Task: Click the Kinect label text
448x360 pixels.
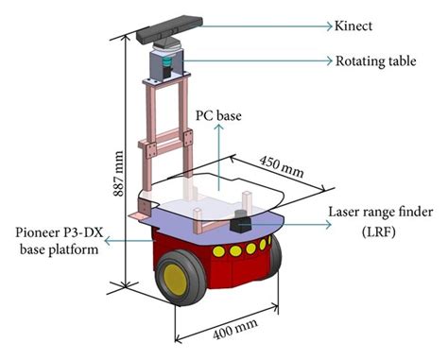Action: [x=353, y=26]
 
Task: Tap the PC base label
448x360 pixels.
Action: [x=217, y=116]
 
